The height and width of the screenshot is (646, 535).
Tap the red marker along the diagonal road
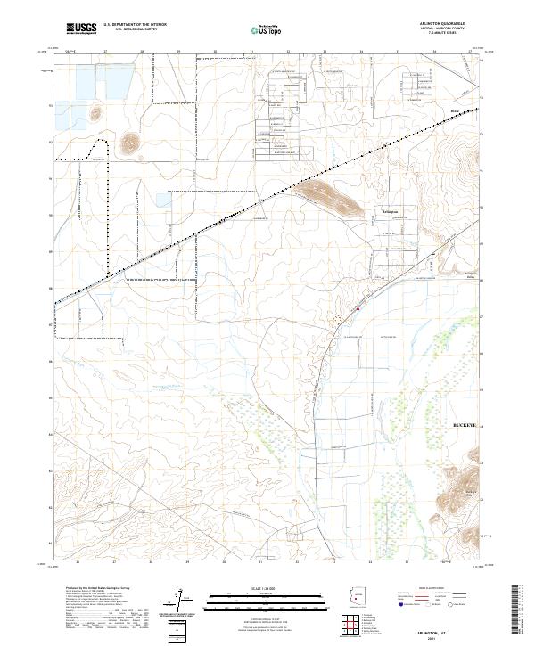tap(358, 309)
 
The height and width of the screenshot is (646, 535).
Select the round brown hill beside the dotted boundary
tap(131, 141)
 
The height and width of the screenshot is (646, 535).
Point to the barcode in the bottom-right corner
tap(523, 613)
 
